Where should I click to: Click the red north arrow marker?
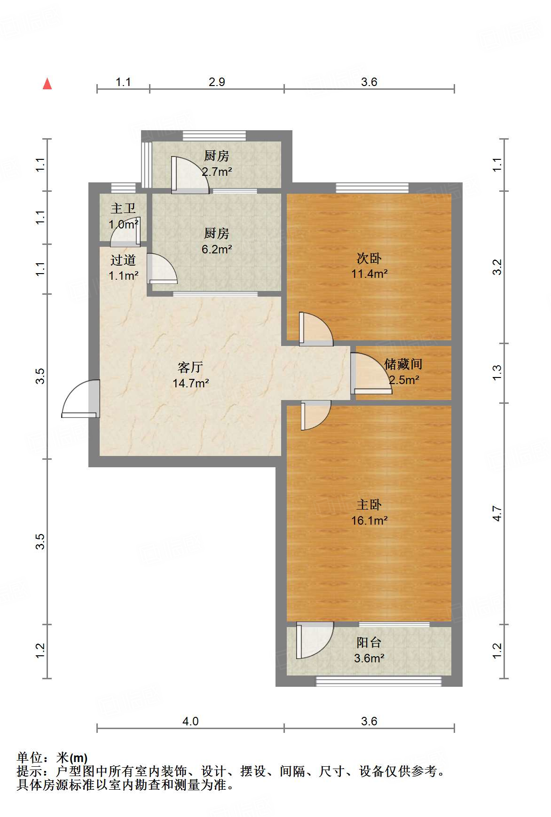click(x=47, y=84)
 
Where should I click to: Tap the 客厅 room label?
click(x=190, y=367)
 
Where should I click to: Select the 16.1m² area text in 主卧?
click(x=369, y=520)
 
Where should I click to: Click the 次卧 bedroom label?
click(x=369, y=258)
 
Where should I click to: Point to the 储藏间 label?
click(x=403, y=364)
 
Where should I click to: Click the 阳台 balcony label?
click(x=369, y=642)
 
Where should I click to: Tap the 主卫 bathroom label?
click(x=123, y=208)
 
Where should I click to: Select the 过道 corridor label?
click(x=123, y=260)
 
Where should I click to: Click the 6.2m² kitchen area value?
click(x=217, y=249)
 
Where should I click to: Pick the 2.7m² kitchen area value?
click(x=217, y=172)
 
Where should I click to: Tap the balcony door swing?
click(x=315, y=640)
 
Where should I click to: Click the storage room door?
click(x=371, y=374)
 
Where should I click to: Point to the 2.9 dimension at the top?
click(x=217, y=82)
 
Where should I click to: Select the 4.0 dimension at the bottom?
click(x=190, y=721)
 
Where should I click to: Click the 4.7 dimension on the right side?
click(x=497, y=513)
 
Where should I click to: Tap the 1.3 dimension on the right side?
click(x=497, y=373)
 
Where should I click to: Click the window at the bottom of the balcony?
click(x=378, y=681)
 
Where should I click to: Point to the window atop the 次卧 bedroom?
click(x=372, y=188)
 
